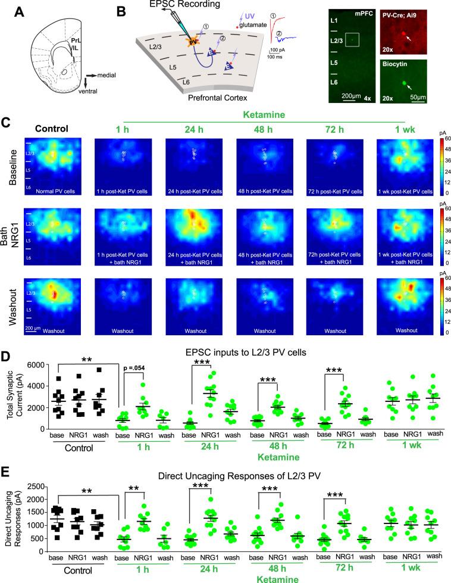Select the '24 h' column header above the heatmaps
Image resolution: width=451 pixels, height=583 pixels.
tap(195, 127)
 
